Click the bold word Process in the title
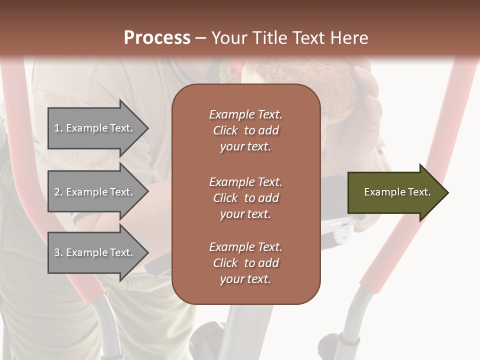click(x=157, y=38)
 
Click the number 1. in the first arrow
click(x=58, y=128)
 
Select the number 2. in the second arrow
click(x=58, y=192)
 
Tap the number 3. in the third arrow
click(x=58, y=253)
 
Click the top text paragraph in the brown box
click(x=245, y=130)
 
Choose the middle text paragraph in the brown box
click(x=245, y=198)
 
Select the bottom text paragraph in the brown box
click(x=245, y=263)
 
